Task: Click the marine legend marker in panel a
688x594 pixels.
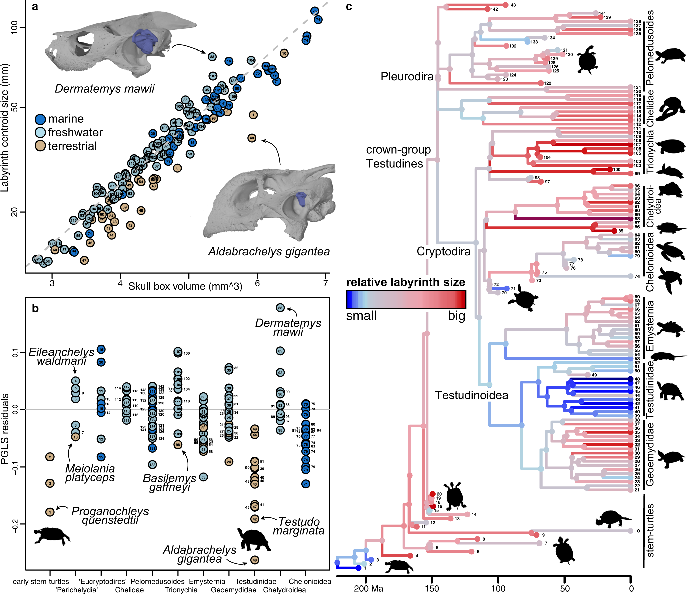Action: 40,119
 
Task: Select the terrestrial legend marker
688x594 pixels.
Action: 40,146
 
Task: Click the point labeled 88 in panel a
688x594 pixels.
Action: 212,57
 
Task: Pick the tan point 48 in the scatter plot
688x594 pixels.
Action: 252,138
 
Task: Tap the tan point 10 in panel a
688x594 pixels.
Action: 284,53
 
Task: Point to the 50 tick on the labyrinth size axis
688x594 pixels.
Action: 14,107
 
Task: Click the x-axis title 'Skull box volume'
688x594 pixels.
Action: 185,286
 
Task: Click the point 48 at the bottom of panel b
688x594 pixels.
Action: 255,560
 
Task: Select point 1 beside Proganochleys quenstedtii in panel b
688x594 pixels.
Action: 50,512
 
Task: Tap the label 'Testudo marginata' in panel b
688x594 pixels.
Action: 299,526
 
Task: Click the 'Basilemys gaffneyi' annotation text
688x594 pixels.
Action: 170,482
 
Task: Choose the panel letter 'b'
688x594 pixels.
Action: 35,308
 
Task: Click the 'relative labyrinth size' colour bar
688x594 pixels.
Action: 406,299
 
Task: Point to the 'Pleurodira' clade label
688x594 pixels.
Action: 407,76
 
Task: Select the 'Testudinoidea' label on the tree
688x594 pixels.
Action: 471,395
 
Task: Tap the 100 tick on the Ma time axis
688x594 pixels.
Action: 498,588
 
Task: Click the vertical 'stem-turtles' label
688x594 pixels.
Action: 650,530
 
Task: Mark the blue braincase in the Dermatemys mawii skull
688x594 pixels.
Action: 145,40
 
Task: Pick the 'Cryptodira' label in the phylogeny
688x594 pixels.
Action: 443,251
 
